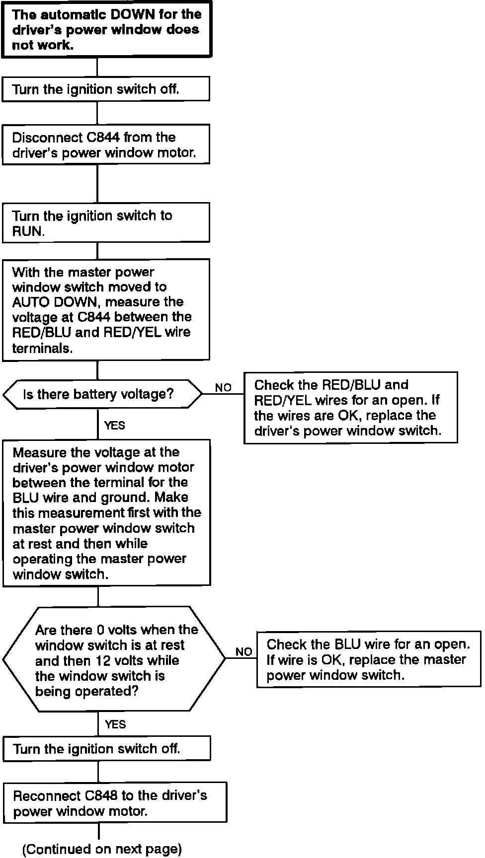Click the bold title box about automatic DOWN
[106, 29]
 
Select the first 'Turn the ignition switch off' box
[105, 89]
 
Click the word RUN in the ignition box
[27, 231]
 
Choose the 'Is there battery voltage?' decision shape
[102, 394]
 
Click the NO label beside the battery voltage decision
[223, 387]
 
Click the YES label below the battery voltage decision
[115, 426]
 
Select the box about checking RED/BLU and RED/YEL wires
[350, 407]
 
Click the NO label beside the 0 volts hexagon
[244, 651]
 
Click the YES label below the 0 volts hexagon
[115, 724]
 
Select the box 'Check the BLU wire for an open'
[368, 659]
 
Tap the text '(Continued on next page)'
[102, 849]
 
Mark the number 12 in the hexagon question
[99, 660]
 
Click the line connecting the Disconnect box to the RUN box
[97, 183]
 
